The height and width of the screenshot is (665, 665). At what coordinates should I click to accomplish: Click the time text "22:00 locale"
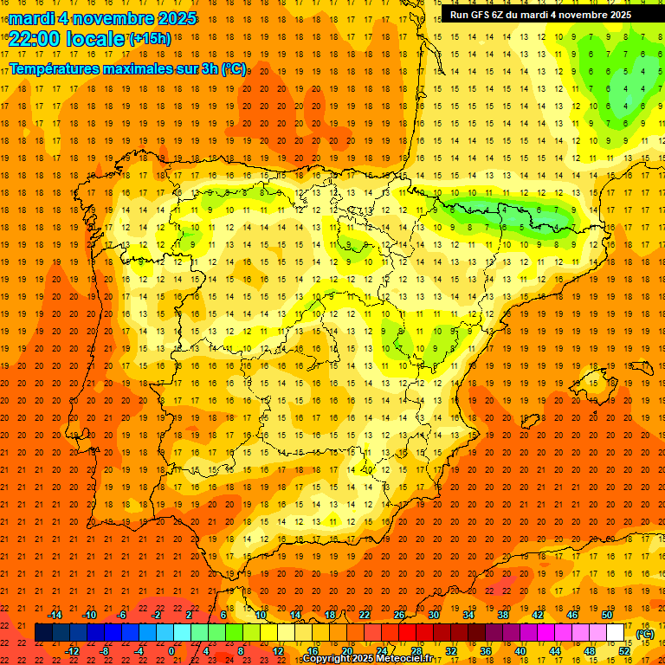point(67,38)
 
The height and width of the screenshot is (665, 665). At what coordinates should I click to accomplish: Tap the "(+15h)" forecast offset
point(150,38)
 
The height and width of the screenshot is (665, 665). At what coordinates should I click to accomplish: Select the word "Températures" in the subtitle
point(54,68)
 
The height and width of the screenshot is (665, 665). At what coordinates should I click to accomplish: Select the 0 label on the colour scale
point(171,651)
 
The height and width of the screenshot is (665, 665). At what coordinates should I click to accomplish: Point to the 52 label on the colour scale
point(624,651)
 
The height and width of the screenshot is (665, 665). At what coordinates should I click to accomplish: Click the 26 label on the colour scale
point(399,615)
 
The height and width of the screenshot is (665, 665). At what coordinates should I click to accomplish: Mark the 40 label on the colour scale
point(520,651)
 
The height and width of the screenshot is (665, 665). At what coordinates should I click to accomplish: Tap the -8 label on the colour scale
point(105,651)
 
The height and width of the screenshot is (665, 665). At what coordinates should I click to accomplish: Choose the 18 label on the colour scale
point(330,615)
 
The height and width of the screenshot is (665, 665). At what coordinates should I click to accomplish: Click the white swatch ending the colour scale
point(616,633)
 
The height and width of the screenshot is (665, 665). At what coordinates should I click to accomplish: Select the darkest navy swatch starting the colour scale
point(43,633)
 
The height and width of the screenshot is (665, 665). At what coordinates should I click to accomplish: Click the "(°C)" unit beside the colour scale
point(645,634)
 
